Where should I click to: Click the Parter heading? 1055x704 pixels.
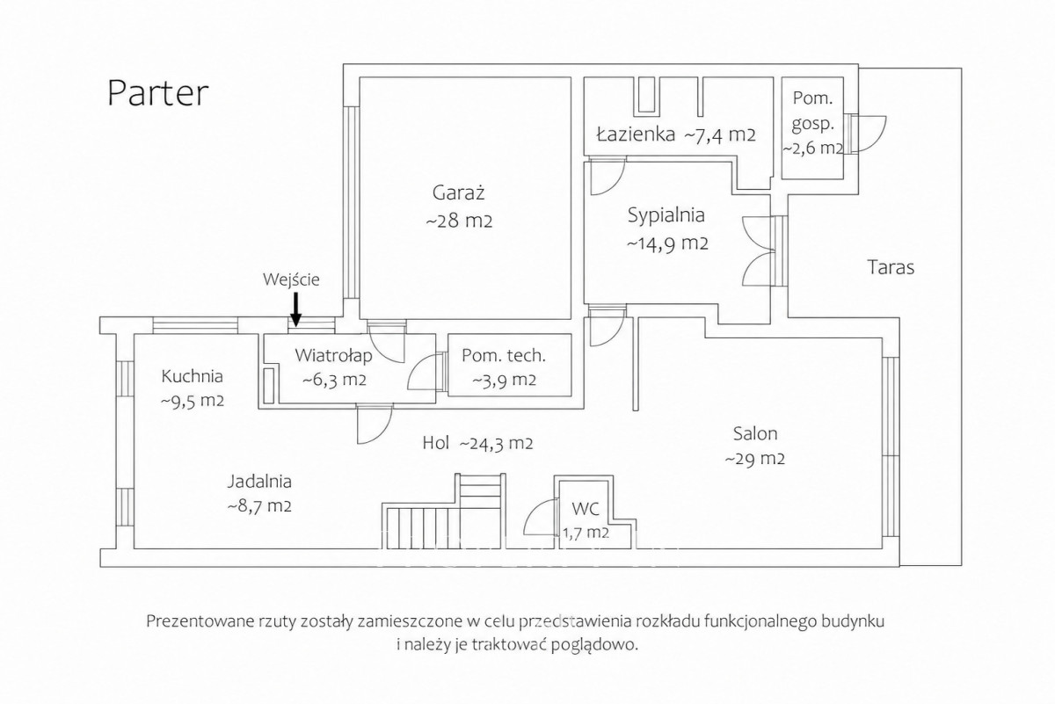157,94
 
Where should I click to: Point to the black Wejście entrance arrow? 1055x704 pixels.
295,309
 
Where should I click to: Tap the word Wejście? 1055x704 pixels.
291,279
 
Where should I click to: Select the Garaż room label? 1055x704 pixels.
458,192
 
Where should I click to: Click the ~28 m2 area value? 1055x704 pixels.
459,221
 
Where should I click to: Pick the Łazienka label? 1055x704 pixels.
636,134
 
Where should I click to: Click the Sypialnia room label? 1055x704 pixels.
666,215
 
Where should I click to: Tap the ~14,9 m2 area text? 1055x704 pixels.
667,243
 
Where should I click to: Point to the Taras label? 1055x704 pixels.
891,267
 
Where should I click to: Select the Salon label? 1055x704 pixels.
755,433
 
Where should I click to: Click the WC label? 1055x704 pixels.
586,509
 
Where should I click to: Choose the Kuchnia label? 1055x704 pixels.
192,376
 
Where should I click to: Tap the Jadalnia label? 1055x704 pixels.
259,482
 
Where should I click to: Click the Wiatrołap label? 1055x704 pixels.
333,356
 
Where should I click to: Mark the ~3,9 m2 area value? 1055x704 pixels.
504,380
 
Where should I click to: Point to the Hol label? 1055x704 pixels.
436,443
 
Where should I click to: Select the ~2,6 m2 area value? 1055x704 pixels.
812,148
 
